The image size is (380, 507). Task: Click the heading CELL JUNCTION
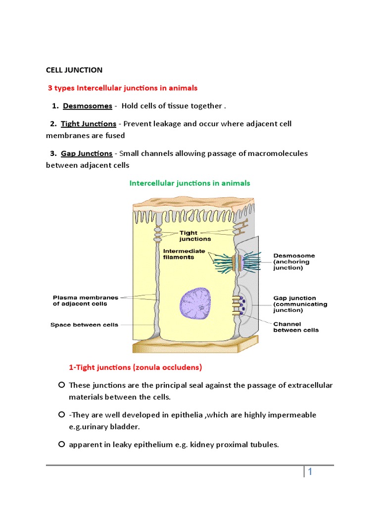(x=74, y=70)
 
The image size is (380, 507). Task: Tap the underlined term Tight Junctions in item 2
(x=89, y=124)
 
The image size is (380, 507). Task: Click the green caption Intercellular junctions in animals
(x=190, y=183)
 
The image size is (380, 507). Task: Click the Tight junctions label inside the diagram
(x=188, y=236)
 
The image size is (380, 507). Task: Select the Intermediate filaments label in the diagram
(x=184, y=254)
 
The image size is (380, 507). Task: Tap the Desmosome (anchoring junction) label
(x=294, y=261)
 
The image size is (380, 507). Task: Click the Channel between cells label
(x=296, y=327)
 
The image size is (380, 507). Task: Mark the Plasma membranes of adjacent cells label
(x=86, y=301)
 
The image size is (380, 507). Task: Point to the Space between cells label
(x=84, y=325)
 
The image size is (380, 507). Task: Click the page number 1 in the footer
(x=310, y=472)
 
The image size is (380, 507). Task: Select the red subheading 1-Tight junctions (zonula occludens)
(x=135, y=367)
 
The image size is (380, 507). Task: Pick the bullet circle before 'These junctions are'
(x=61, y=385)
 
